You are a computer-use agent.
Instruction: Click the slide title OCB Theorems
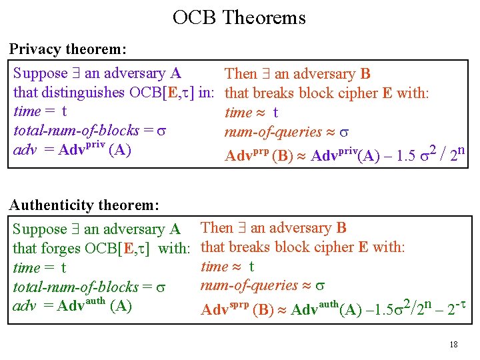(239, 17)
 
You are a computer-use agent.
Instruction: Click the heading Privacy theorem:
(68, 49)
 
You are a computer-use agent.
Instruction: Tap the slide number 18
(453, 345)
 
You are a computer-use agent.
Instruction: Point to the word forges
(61, 249)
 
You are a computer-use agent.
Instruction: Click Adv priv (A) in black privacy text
(95, 149)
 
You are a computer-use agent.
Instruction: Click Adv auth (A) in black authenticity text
(95, 306)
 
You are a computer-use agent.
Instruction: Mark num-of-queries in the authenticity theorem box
(249, 286)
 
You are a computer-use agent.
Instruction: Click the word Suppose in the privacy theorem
(41, 73)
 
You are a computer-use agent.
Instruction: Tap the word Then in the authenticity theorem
(217, 229)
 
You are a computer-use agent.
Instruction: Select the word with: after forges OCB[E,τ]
(175, 249)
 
